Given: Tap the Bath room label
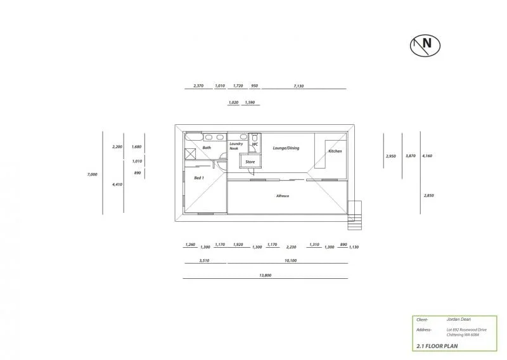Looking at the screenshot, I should [x=207, y=148].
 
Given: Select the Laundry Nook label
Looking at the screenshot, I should [x=236, y=146].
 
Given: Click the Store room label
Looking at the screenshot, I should [x=250, y=162].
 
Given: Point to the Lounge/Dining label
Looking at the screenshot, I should [x=286, y=148].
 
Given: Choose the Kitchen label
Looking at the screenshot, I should [x=335, y=151].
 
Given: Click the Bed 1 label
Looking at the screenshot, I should [x=198, y=178].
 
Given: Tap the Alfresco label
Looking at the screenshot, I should [x=283, y=196].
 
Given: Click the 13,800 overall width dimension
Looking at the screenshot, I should [x=266, y=275].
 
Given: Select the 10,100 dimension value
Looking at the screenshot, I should [x=291, y=260].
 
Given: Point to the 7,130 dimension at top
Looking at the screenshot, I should [x=299, y=86].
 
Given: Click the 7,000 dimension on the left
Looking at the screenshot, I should [x=93, y=174].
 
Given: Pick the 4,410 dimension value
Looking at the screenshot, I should [x=117, y=184].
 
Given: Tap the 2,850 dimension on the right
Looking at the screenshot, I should [x=428, y=196].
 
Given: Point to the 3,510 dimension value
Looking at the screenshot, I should [x=204, y=260].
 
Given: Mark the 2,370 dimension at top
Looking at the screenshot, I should [x=198, y=86].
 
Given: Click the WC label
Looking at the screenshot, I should [x=255, y=145].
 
